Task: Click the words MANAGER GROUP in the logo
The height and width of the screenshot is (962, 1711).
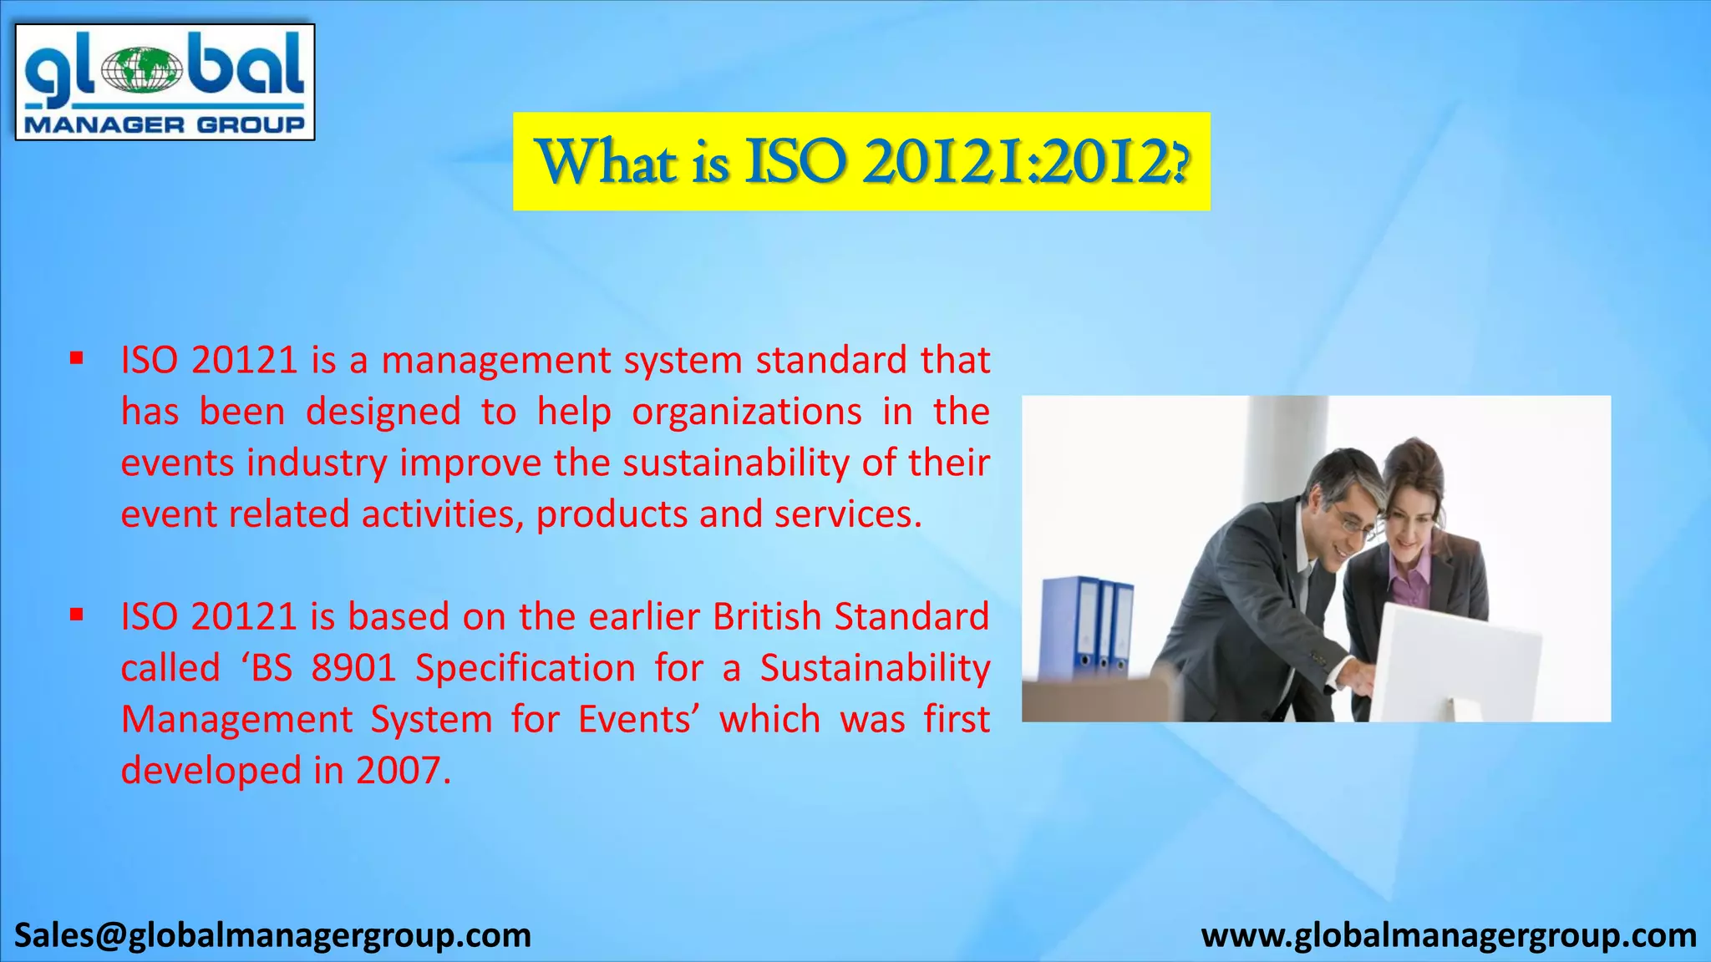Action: (165, 125)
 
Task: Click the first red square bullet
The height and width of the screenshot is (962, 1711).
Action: (77, 359)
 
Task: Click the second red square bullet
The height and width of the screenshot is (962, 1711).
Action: (77, 615)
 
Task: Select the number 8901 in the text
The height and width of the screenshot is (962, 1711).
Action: (353, 668)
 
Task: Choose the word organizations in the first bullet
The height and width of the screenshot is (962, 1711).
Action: (746, 412)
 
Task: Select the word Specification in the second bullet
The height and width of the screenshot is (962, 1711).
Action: (525, 668)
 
